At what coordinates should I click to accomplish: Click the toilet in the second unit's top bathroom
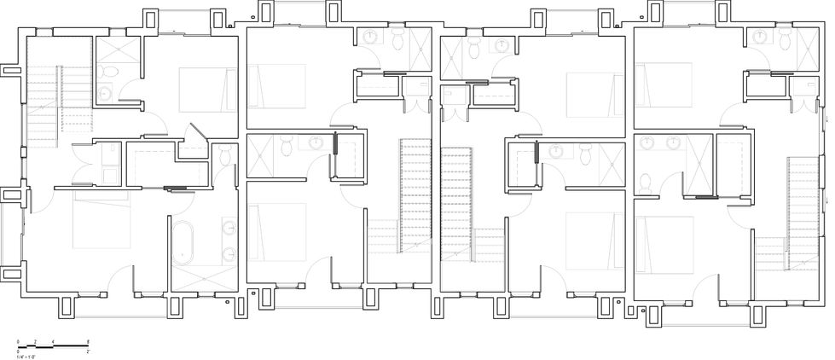[x=398, y=38]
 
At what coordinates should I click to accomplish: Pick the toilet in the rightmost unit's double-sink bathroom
[x=645, y=182]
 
